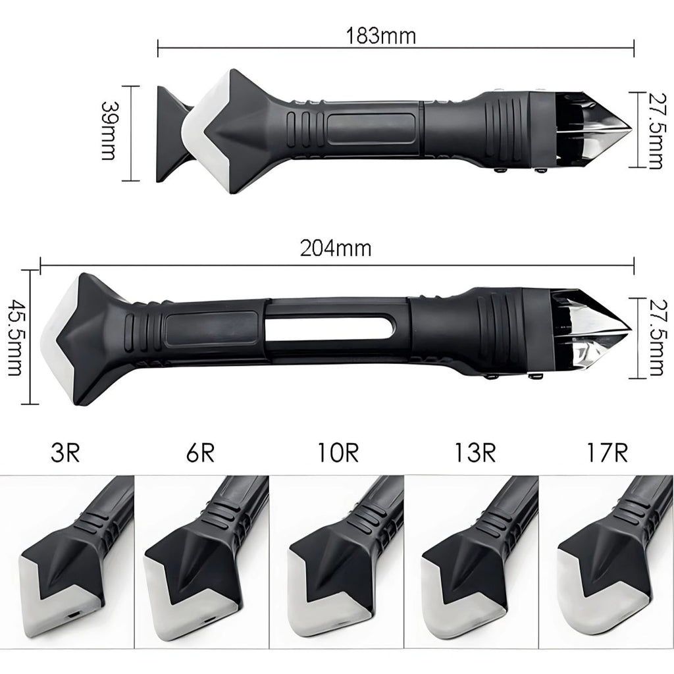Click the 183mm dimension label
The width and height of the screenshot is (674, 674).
(x=381, y=36)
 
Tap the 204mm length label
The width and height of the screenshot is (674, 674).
(x=336, y=249)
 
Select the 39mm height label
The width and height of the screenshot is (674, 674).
(x=108, y=131)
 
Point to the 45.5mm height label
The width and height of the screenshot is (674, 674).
(x=15, y=338)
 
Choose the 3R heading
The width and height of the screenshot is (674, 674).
(x=65, y=453)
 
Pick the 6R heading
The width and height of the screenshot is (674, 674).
(x=200, y=453)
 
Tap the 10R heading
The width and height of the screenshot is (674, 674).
(x=338, y=453)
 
